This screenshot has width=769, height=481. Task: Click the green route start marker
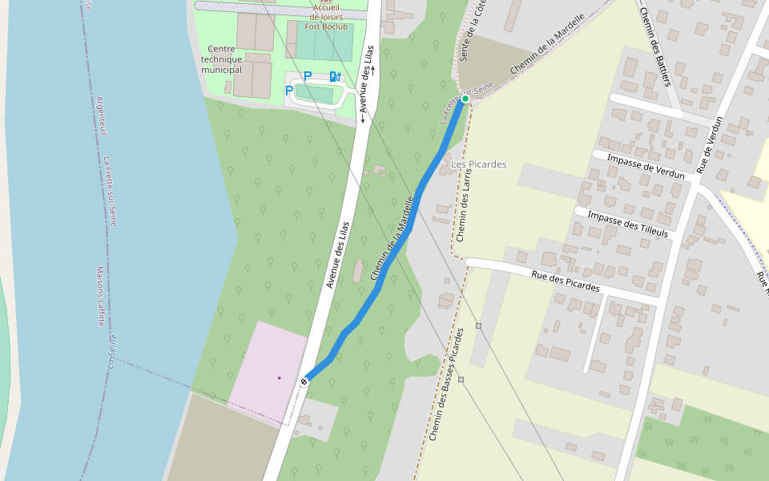(x=465, y=99)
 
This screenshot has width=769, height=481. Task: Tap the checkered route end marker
(x=304, y=382)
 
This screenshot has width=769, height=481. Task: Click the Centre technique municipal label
(x=221, y=59)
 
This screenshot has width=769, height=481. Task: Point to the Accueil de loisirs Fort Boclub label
(x=331, y=14)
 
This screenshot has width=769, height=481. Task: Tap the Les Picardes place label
(x=479, y=164)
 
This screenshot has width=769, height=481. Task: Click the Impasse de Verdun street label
(x=646, y=166)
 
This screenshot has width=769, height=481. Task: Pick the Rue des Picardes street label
(x=566, y=281)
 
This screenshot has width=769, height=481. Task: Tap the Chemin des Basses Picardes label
(x=446, y=385)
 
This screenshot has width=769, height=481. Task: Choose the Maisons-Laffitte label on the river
(x=101, y=296)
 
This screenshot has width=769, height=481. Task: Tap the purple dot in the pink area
(x=279, y=378)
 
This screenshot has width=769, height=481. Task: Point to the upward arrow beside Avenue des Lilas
(x=372, y=71)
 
